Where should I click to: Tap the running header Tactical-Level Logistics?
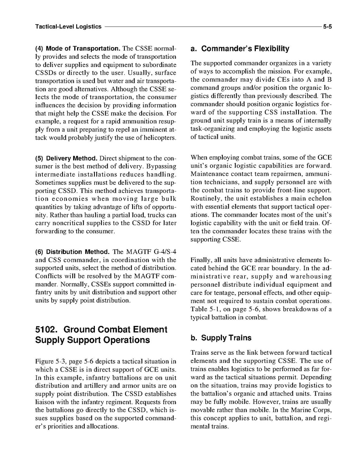[68, 27]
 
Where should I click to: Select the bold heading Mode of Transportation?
[83, 49]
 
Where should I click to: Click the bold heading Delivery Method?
[72, 159]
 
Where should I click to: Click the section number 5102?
[47, 329]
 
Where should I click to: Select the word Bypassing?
[162, 167]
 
